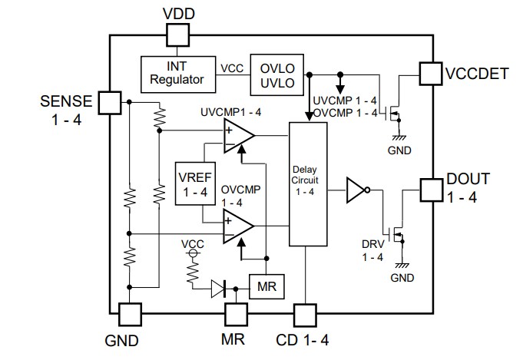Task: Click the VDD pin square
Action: [178, 33]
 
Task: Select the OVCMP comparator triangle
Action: [237, 226]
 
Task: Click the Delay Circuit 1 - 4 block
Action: [307, 184]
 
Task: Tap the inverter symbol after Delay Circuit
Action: [357, 188]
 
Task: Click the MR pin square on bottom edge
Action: [235, 315]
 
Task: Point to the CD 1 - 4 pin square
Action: [305, 315]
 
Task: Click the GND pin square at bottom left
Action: [130, 315]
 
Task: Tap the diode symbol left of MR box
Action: [220, 288]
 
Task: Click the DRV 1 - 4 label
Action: [372, 251]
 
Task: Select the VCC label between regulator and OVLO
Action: [233, 68]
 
